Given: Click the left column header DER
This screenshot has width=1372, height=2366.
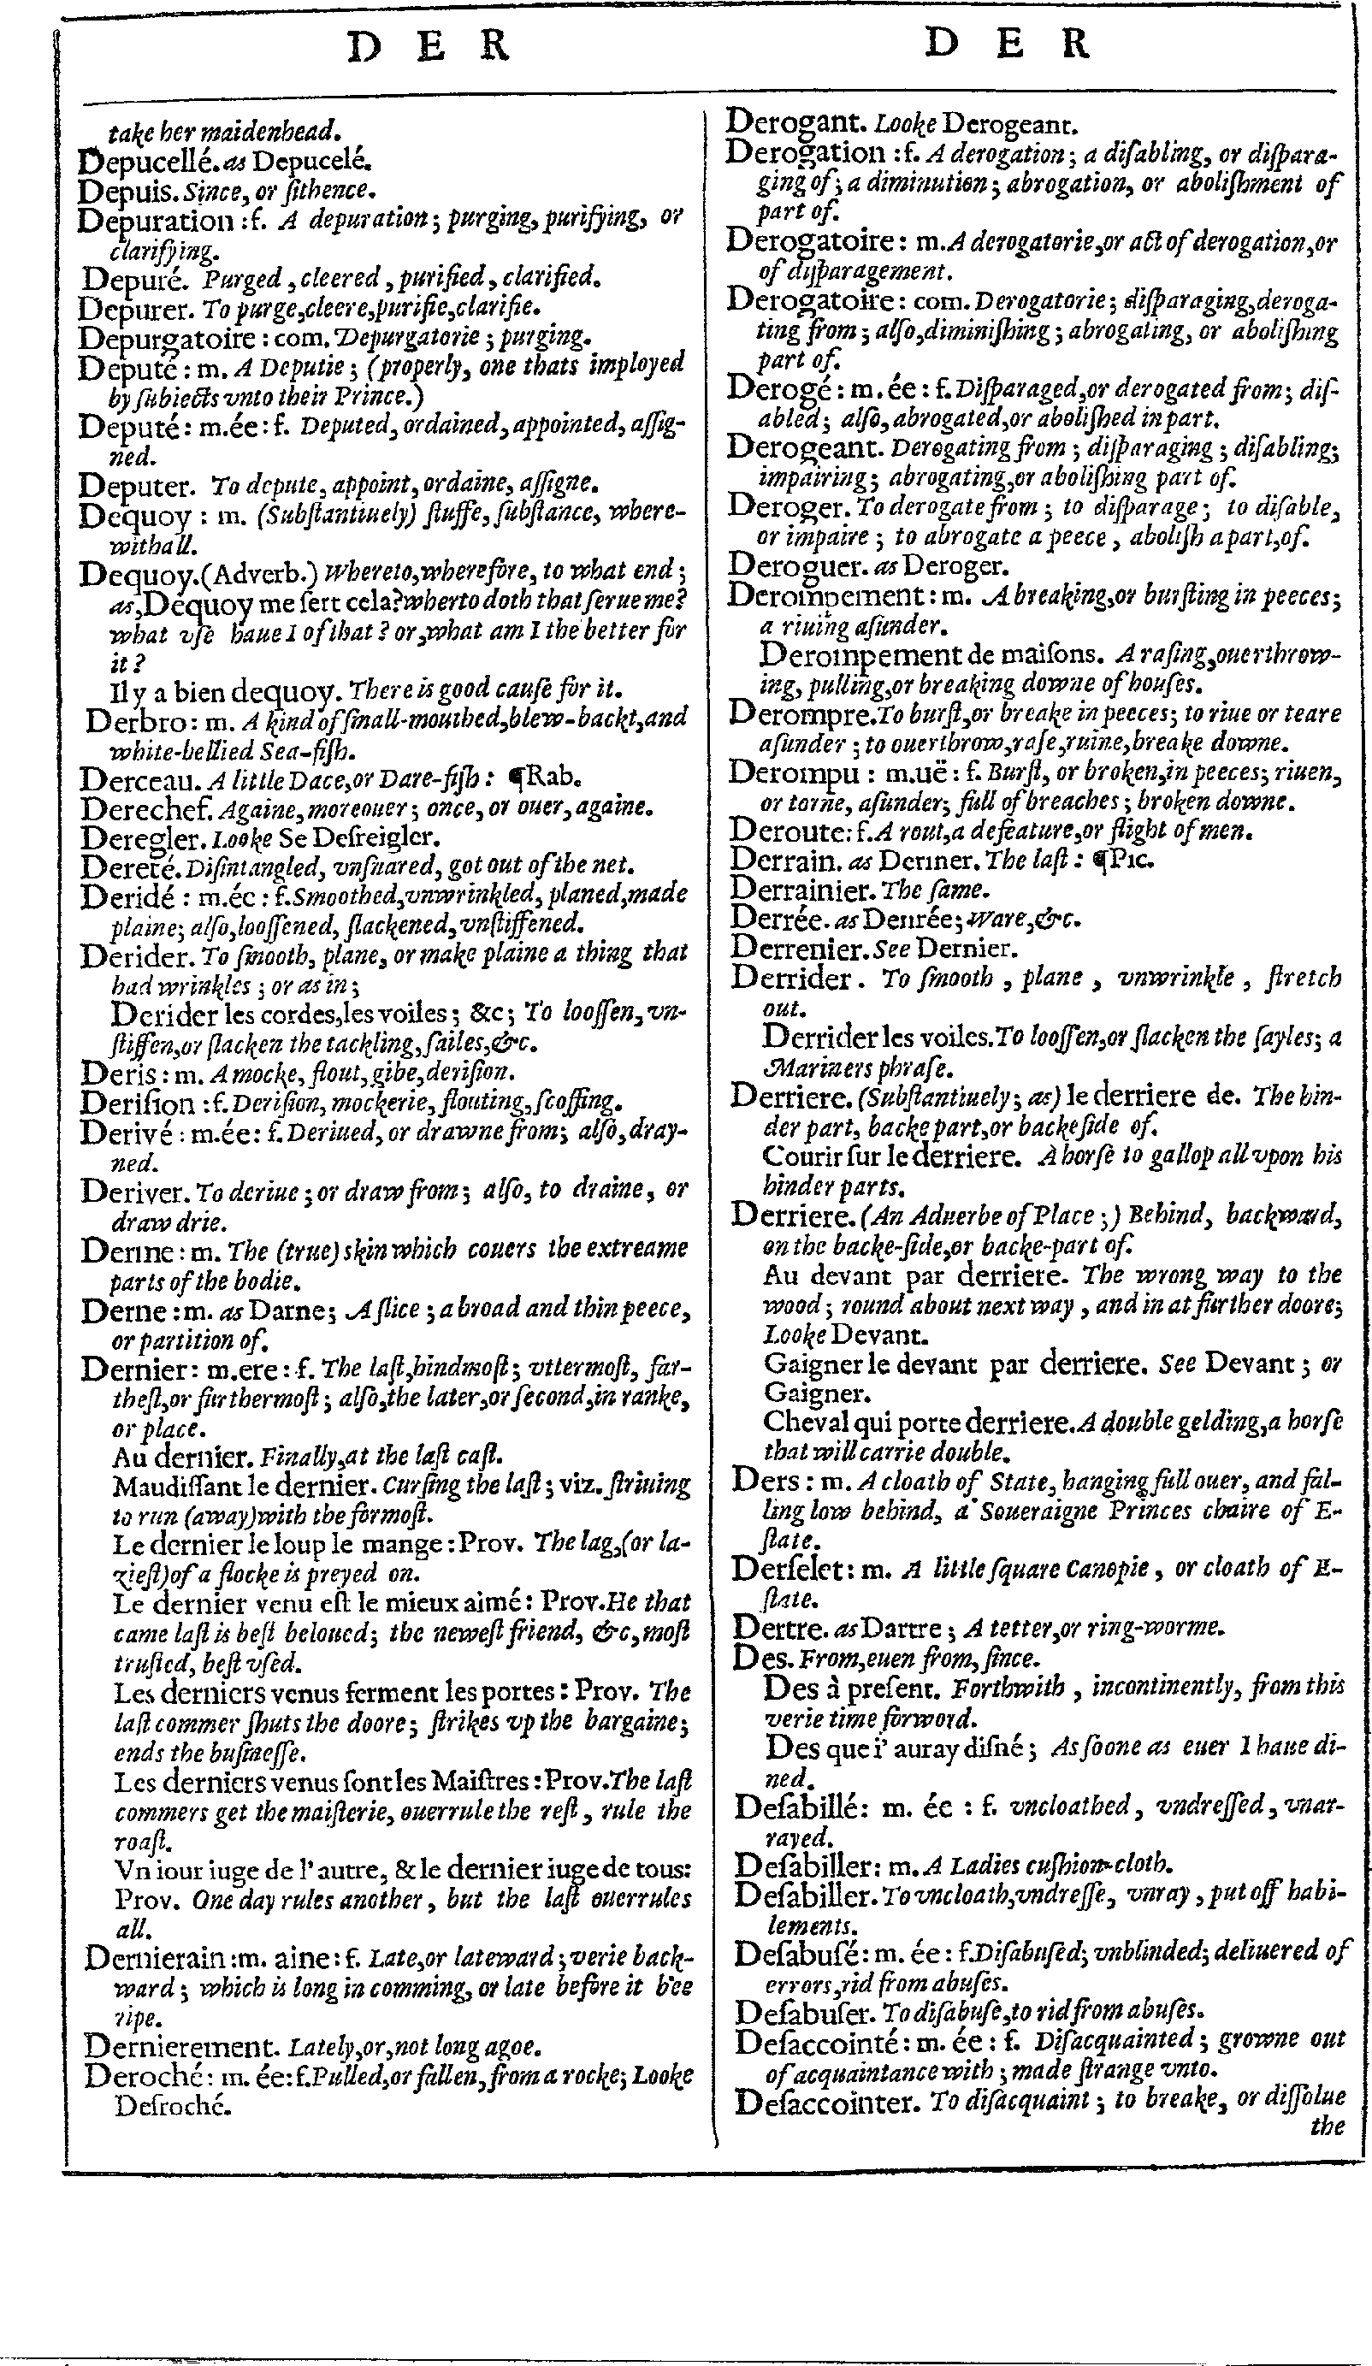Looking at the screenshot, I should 429,45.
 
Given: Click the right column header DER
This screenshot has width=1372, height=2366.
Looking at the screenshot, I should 1008,43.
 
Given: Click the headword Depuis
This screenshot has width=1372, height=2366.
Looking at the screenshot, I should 126,191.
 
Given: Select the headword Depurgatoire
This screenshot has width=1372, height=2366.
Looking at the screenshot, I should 167,337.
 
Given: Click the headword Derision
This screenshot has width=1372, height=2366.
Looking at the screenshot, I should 137,1102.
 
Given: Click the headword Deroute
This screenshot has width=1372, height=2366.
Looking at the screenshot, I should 787,830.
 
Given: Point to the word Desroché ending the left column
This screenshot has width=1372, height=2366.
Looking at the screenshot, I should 173,2106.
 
